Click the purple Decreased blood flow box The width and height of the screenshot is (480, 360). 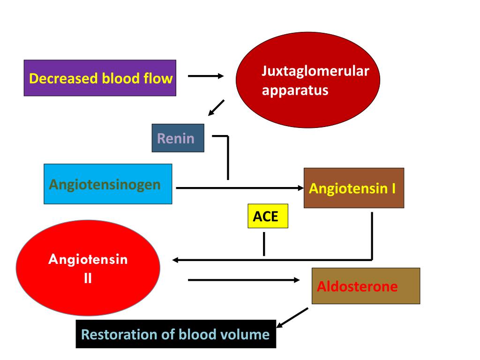pos(100,78)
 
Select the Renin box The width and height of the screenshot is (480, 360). pos(178,138)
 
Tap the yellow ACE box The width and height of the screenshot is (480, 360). pos(268,216)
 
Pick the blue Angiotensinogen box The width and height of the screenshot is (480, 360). pos(108,184)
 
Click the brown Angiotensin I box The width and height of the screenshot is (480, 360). pos(354,188)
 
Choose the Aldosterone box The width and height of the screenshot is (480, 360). pos(366,286)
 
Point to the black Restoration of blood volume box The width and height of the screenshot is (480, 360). pos(176,334)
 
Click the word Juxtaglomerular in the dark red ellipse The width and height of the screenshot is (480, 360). pos(315,71)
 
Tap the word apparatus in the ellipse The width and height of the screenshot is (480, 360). pos(295,90)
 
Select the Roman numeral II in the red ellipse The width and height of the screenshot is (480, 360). pos(88,278)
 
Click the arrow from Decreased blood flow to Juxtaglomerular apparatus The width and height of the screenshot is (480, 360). pos(206,76)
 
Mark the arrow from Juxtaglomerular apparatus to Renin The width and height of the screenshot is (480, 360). pos(216,108)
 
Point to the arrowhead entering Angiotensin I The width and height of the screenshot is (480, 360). pos(300,188)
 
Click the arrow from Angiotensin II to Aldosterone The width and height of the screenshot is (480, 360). pos(244,280)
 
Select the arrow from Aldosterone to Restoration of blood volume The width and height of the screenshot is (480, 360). pos(292,318)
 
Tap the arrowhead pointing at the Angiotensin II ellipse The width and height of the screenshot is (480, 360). pos(175,260)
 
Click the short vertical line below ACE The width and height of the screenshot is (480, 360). pos(264,244)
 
